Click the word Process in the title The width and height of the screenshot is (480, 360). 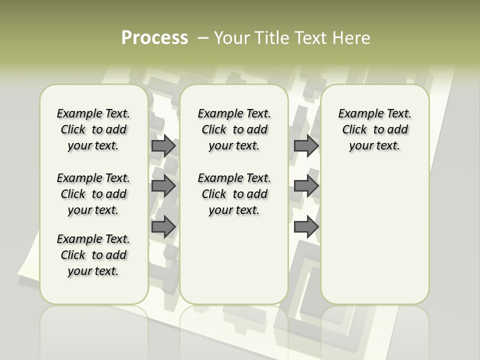154,38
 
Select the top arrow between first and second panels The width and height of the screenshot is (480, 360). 163,145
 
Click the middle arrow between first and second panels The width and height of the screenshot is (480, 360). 163,186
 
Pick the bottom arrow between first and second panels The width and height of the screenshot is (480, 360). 163,227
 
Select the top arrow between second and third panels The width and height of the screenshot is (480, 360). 306,145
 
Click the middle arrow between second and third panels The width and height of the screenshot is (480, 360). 306,186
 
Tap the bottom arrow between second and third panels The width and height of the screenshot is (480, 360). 306,227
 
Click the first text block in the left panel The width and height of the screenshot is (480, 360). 93,129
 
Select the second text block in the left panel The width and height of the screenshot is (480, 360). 93,194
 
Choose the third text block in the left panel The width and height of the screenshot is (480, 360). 93,255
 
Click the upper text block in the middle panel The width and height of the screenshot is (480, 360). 234,129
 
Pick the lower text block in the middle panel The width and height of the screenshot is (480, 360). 234,194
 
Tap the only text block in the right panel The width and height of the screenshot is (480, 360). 375,129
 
